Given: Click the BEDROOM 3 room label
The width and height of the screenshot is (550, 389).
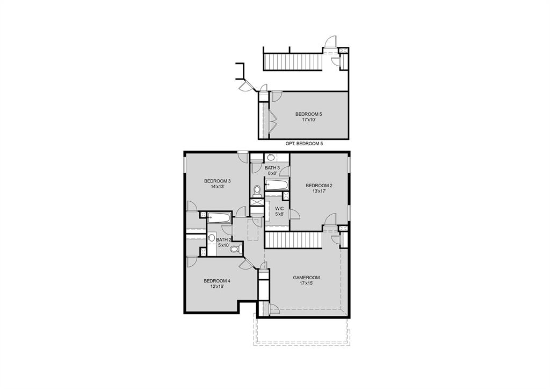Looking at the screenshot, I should (217, 181).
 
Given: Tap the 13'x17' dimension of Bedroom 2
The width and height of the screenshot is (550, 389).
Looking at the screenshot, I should (320, 191).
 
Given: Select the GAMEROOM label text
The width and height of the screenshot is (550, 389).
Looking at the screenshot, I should (306, 278).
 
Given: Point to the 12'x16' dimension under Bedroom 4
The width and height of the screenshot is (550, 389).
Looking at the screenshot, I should (217, 286).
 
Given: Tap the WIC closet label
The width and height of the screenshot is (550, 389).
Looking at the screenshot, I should (279, 208).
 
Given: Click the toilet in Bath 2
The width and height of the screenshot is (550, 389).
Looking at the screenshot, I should (234, 249).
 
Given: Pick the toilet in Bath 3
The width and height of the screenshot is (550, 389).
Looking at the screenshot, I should (257, 190).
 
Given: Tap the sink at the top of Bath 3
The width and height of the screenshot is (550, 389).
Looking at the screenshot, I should (271, 158).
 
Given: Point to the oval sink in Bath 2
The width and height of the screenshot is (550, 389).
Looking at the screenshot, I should (211, 237).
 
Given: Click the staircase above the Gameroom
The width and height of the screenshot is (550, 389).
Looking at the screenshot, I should (293, 239).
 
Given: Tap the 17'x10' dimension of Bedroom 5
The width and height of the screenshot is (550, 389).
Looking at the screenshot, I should (309, 120).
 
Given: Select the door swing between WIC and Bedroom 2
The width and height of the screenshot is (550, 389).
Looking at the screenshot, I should (294, 214).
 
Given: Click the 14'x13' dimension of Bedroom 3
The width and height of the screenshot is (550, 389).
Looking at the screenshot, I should (217, 187).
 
